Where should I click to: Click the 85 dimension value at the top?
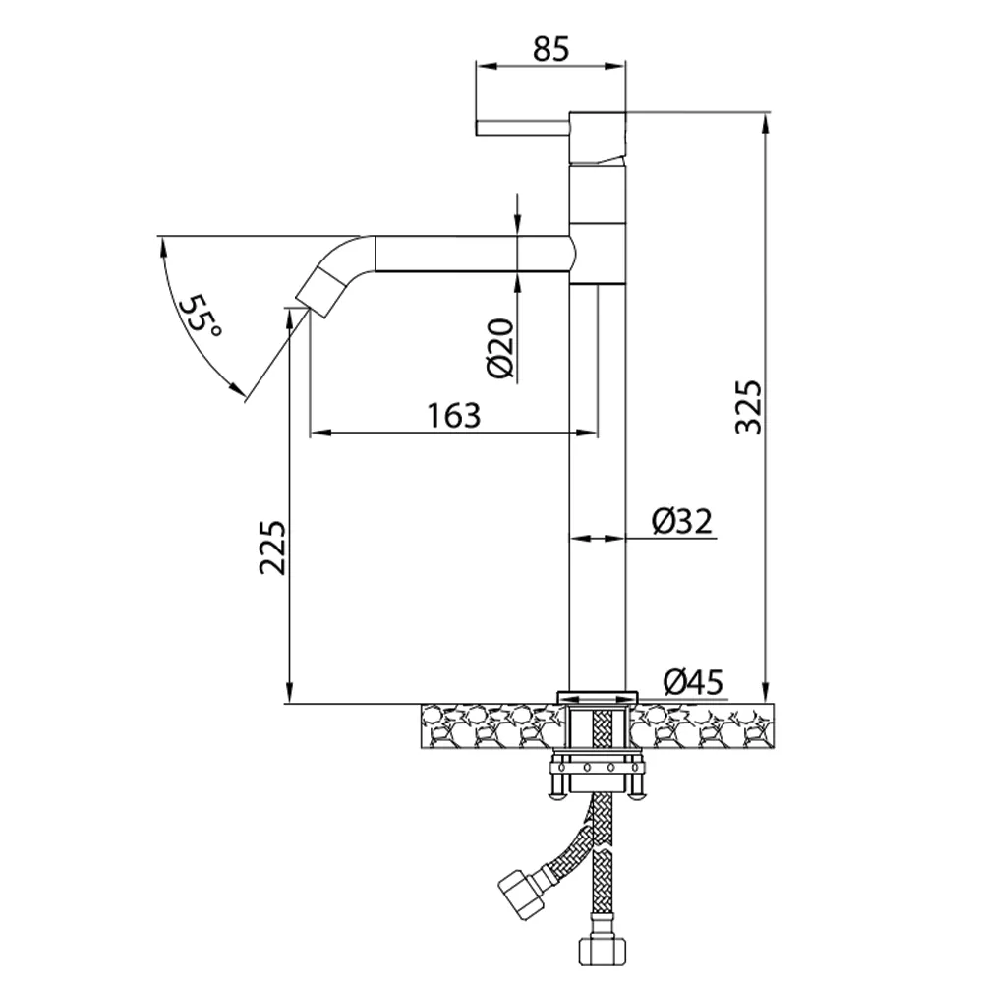pyautogui.click(x=551, y=49)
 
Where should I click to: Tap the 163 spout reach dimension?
pyautogui.click(x=454, y=415)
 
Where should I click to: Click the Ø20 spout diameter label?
pyautogui.click(x=500, y=349)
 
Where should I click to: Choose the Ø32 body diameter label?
pyautogui.click(x=682, y=521)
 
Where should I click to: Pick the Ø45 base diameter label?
pyautogui.click(x=693, y=681)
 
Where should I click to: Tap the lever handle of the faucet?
pyautogui.click(x=523, y=127)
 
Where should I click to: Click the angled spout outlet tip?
pyautogui.click(x=321, y=293)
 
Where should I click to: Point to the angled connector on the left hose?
pyautogui.click(x=522, y=886)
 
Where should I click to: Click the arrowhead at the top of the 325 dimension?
pyautogui.click(x=765, y=123)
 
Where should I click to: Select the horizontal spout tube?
pyautogui.click(x=473, y=254)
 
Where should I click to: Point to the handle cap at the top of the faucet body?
pyautogui.click(x=598, y=138)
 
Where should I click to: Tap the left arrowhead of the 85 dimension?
pyautogui.click(x=487, y=65)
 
